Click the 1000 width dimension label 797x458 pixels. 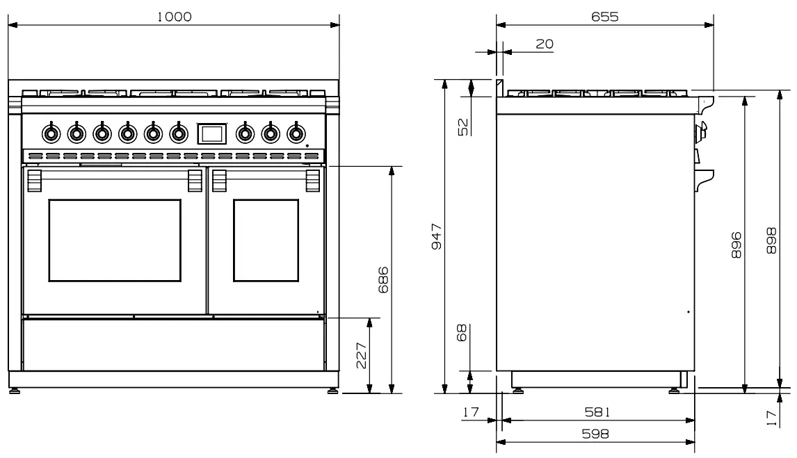[173, 17]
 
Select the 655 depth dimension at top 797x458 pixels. [604, 17]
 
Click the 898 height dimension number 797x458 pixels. [771, 240]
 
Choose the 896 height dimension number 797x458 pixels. [736, 245]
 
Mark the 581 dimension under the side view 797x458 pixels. [597, 412]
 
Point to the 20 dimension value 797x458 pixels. [545, 44]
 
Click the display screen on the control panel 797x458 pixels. [212, 132]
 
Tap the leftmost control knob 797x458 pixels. [51, 131]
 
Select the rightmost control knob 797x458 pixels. [296, 131]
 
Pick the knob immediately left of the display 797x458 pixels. [179, 131]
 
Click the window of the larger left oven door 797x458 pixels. [115, 240]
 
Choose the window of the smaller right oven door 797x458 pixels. [265, 240]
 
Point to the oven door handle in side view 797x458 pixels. [704, 177]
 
